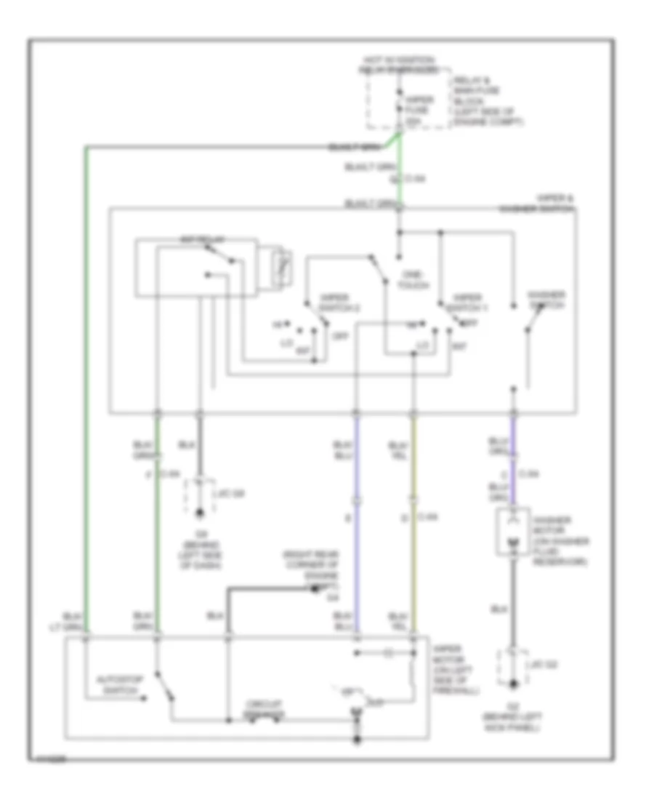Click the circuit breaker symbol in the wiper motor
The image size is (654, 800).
coord(262,717)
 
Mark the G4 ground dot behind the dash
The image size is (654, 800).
coord(201,516)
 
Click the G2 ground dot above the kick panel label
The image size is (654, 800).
coord(513,684)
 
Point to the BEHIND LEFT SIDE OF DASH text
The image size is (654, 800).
coord(201,552)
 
